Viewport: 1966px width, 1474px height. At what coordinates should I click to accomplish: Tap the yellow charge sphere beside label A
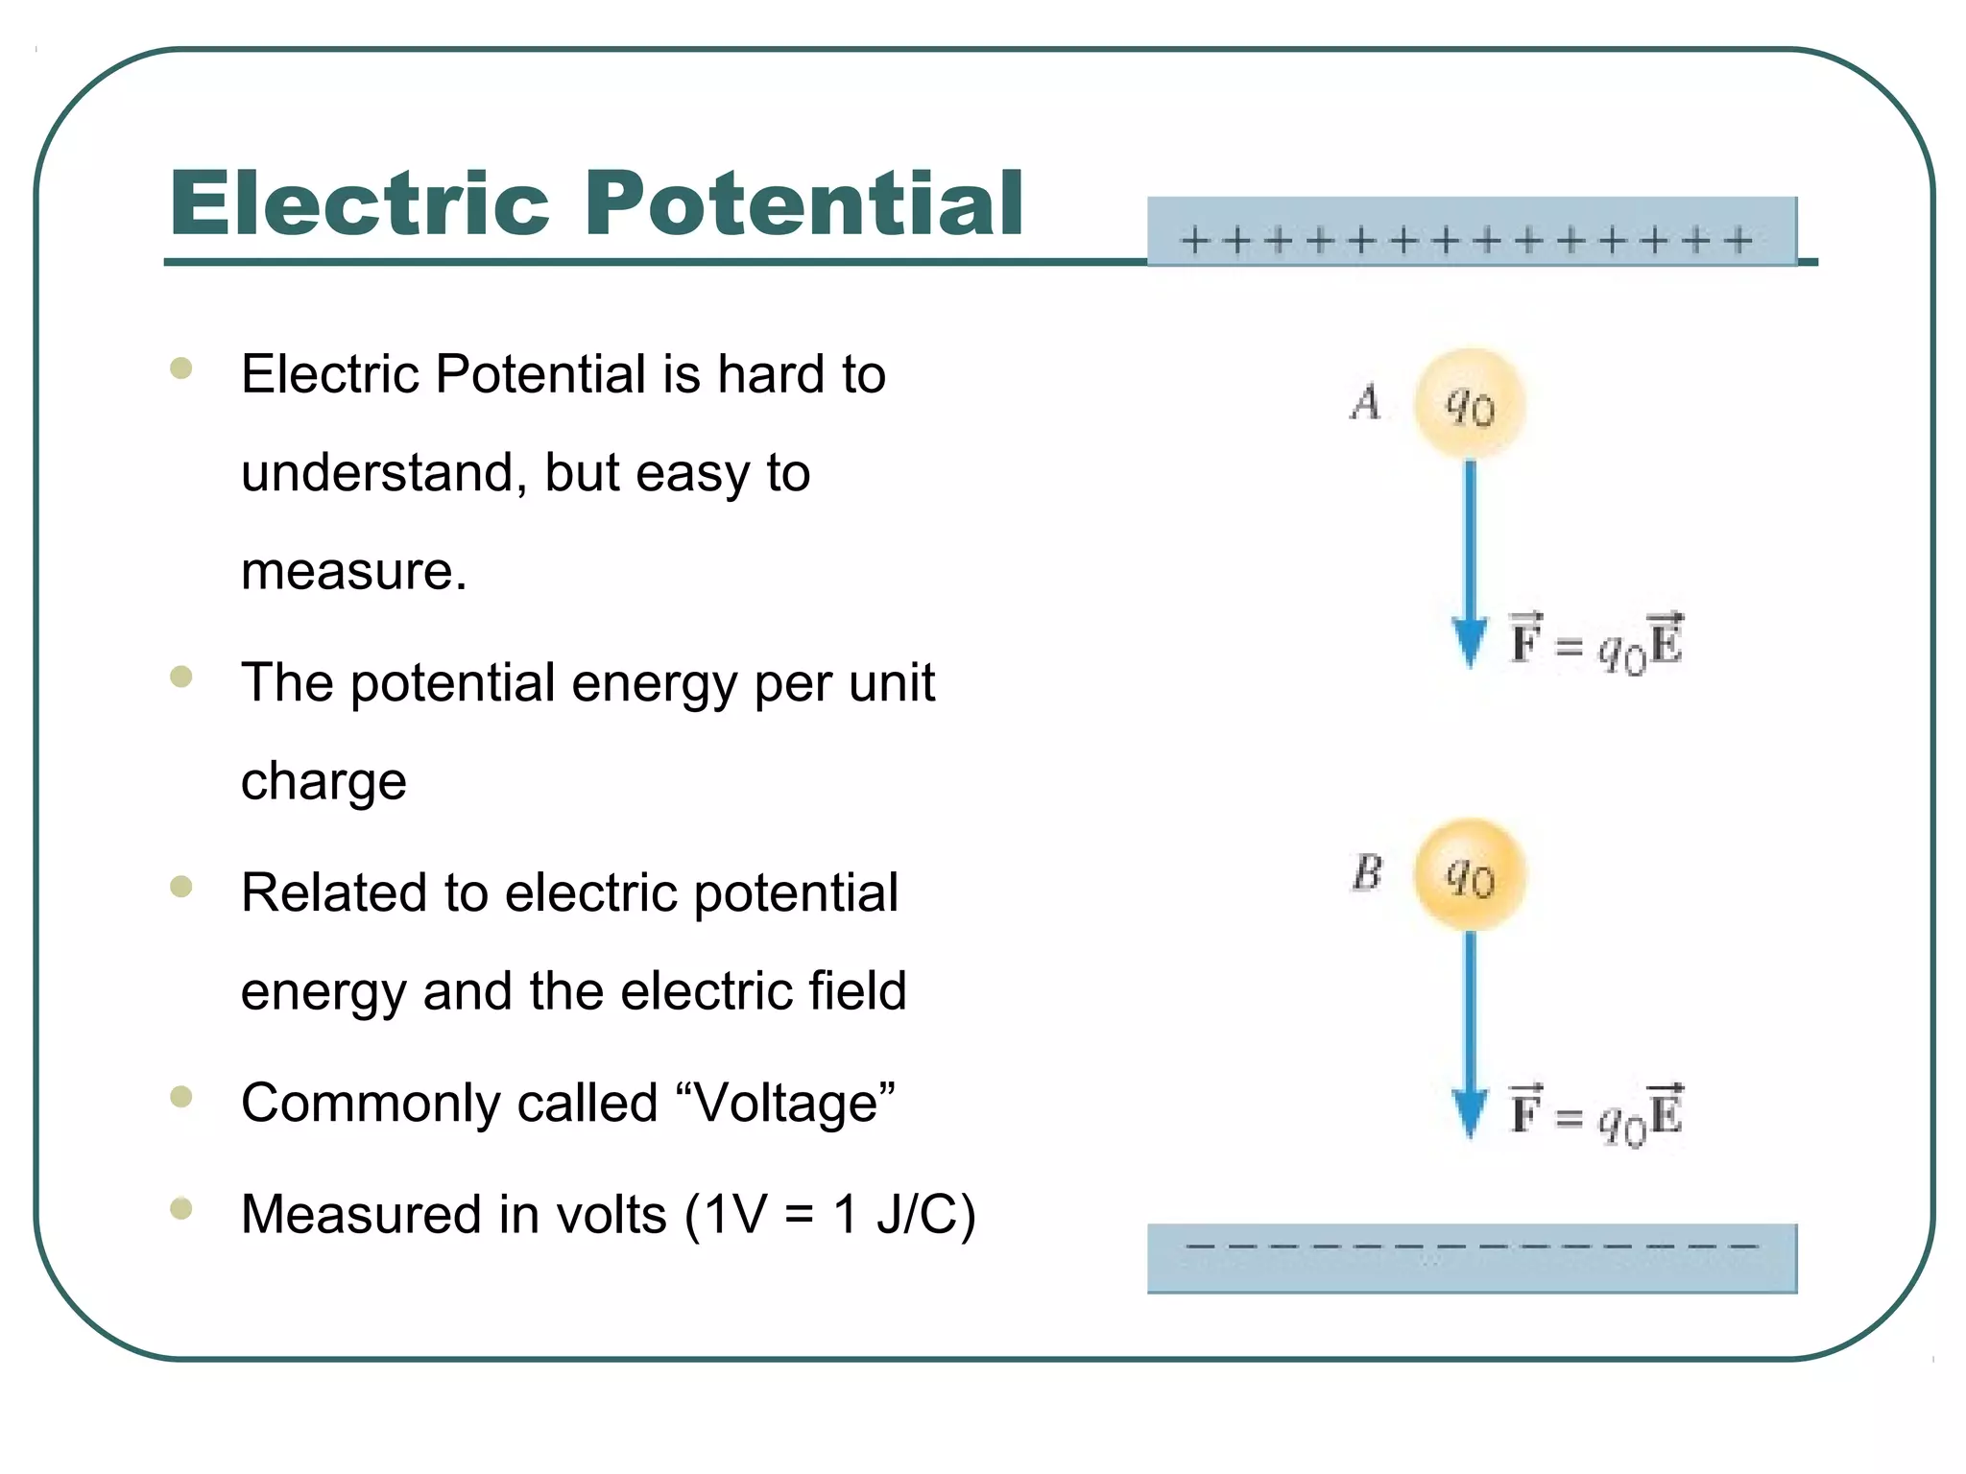pos(1469,404)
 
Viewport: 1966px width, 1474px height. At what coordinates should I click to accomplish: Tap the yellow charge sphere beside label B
pos(1469,874)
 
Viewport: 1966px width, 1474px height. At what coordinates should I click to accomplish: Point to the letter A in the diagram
pos(1365,402)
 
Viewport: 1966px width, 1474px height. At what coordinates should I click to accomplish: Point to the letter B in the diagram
pos(1367,872)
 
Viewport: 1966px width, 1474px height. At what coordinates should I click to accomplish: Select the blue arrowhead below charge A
pos(1469,641)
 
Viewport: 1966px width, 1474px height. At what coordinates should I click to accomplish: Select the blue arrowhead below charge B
pos(1469,1112)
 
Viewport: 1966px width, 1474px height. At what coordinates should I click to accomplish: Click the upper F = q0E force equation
pos(1595,642)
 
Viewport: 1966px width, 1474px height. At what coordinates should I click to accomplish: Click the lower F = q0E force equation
pos(1595,1114)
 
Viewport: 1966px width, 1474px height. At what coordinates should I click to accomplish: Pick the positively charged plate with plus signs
pos(1471,231)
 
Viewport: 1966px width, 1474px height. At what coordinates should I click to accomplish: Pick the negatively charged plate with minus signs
pos(1471,1257)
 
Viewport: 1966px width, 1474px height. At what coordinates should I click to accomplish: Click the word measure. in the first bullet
pos(353,572)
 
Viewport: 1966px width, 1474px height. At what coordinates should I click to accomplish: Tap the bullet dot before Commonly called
pos(180,1096)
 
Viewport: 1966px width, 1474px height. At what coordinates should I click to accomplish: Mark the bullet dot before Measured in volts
pos(180,1208)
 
